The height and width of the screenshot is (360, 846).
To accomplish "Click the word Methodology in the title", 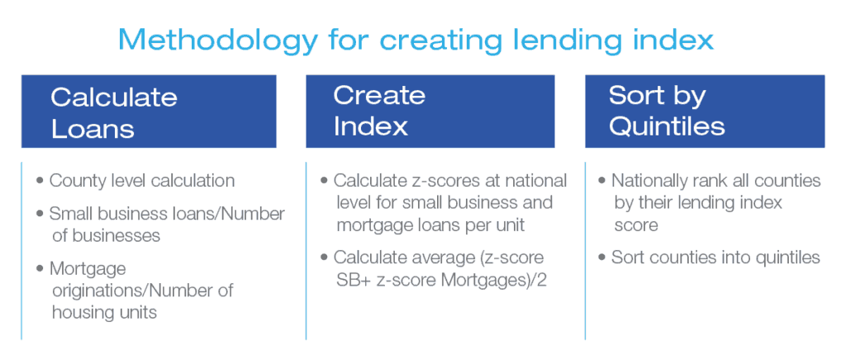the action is (x=217, y=40).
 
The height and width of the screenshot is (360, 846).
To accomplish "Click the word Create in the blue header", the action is (x=379, y=96).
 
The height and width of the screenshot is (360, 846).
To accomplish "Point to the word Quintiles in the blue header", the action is (x=667, y=126).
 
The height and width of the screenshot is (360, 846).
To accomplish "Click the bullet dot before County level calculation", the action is (x=40, y=181).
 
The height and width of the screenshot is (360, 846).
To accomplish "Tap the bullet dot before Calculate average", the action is (x=324, y=257).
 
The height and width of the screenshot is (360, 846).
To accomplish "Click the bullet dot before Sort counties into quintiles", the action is (x=602, y=257).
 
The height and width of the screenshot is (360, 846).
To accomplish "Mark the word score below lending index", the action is (x=636, y=225).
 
